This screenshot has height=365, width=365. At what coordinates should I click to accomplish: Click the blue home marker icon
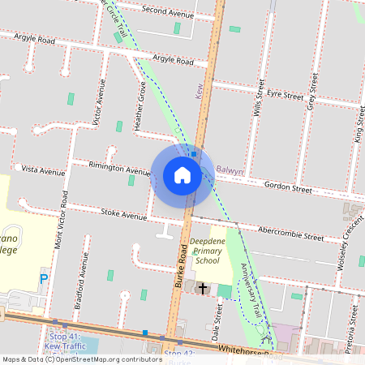click(182, 175)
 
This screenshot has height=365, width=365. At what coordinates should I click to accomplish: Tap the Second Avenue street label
click(168, 11)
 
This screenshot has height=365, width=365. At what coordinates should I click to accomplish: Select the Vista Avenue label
click(42, 172)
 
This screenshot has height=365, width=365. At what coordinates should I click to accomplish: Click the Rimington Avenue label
click(120, 168)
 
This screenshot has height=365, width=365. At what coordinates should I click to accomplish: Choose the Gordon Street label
click(288, 188)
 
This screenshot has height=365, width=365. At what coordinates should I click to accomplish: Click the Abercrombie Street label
click(290, 234)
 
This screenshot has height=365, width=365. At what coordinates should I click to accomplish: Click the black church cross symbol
click(202, 288)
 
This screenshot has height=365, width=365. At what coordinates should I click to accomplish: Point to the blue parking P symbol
click(44, 278)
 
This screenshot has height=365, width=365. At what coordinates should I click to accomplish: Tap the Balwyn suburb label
click(230, 170)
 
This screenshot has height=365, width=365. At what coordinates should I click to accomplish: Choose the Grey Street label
click(311, 90)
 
